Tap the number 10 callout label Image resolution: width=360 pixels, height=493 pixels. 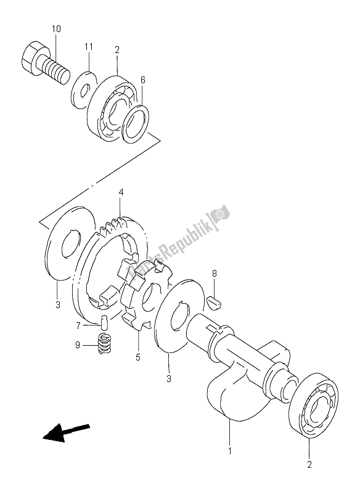(x=56, y=29)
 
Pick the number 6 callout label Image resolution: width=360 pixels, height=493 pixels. (x=142, y=80)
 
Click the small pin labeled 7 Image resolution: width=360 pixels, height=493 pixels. (x=105, y=322)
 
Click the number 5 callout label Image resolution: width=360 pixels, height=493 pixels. (x=137, y=357)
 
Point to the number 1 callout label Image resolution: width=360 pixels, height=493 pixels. (x=229, y=451)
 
